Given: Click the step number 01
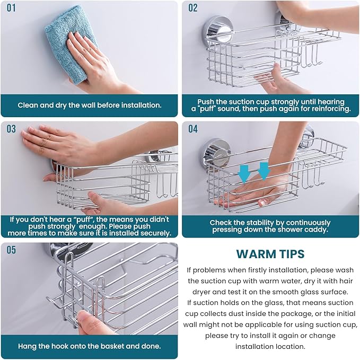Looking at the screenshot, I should coord(12,8).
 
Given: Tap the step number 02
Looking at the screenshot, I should coord(193,8).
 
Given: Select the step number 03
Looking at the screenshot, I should coord(12,129).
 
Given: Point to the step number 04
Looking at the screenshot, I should coord(193,129).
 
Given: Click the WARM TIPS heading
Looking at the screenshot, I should coord(270,254).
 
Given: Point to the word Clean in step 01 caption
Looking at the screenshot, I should coord(28,105).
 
